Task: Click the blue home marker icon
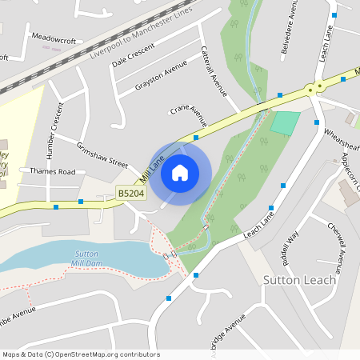coord(180,173)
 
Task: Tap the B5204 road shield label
coord(130,193)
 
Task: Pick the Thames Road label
coord(52,171)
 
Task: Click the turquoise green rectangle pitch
coord(286,123)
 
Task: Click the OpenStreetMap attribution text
coord(81,354)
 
